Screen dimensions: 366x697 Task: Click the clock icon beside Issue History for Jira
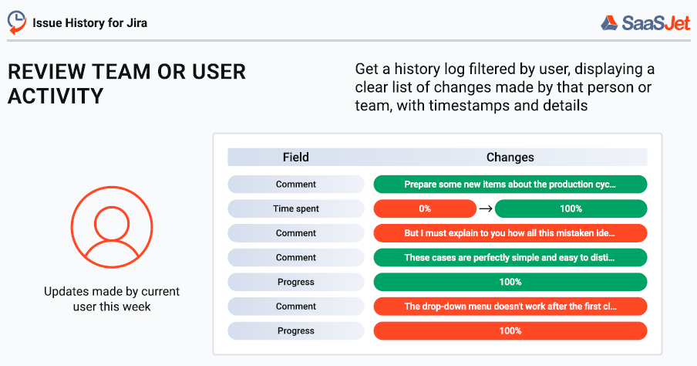point(17,22)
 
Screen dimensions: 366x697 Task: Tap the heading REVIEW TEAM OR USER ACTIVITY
point(126,83)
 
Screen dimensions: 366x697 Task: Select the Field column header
point(295,158)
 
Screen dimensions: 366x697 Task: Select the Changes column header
point(510,158)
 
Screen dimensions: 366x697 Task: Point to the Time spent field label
point(295,208)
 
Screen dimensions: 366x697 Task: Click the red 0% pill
point(425,208)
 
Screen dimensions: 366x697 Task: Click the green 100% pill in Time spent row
point(571,208)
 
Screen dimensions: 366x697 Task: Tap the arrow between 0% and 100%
point(485,208)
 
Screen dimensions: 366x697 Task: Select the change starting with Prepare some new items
point(510,185)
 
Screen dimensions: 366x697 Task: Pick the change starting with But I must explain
point(510,233)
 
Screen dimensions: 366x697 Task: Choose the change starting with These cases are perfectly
point(510,258)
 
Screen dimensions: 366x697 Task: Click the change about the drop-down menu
point(510,307)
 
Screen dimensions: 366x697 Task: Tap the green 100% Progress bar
point(510,282)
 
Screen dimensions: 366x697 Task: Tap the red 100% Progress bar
point(510,330)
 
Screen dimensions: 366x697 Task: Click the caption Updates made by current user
point(111,299)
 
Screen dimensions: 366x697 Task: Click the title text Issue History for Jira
point(89,22)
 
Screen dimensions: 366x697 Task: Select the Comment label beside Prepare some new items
point(295,185)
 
